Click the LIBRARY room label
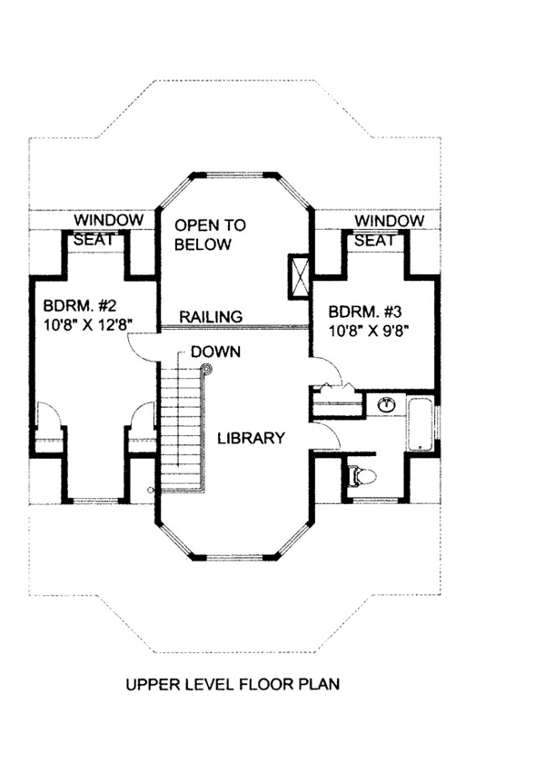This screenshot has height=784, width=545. click(x=251, y=438)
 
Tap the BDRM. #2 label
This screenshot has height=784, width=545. click(x=80, y=305)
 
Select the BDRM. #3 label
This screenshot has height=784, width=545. click(x=365, y=312)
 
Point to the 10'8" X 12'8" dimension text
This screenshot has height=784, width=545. click(x=87, y=324)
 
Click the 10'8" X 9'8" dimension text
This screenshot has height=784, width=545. click(x=366, y=331)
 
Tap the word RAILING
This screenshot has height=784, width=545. click(x=211, y=316)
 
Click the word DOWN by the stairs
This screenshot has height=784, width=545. click(x=216, y=352)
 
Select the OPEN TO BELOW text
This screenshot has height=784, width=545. click(x=210, y=234)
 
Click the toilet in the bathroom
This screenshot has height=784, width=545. click(x=362, y=476)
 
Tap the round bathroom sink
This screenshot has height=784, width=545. click(x=386, y=404)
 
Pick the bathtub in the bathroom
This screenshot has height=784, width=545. click(x=420, y=423)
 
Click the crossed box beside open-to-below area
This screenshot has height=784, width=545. click(x=299, y=276)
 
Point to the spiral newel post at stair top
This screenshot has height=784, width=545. click(x=206, y=371)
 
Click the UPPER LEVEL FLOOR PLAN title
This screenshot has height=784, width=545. click(x=233, y=684)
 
